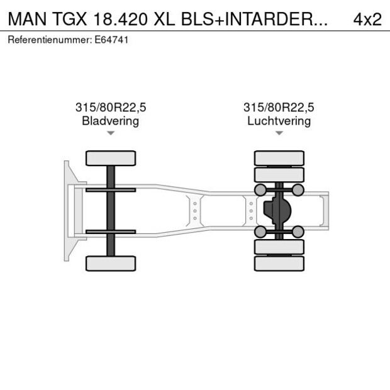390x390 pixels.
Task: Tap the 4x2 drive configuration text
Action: pos(367,19)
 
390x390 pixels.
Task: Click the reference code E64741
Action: pos(113,40)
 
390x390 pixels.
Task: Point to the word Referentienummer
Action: pos(49,40)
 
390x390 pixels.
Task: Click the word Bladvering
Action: pos(110,121)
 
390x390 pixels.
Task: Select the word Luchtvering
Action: pos(279,121)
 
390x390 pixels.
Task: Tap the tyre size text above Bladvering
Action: pos(110,108)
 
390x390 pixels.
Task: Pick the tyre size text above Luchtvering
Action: pos(279,108)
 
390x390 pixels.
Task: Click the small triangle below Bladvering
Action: pos(111,133)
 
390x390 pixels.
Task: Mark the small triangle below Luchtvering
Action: pos(279,133)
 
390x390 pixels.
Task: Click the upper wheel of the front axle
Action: pos(111,158)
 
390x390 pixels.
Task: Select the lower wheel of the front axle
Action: pos(111,263)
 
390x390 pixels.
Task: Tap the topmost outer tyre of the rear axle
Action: pos(279,158)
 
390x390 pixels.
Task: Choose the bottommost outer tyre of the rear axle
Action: pos(279,264)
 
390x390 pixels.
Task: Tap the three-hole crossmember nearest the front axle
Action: pos(195,211)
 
